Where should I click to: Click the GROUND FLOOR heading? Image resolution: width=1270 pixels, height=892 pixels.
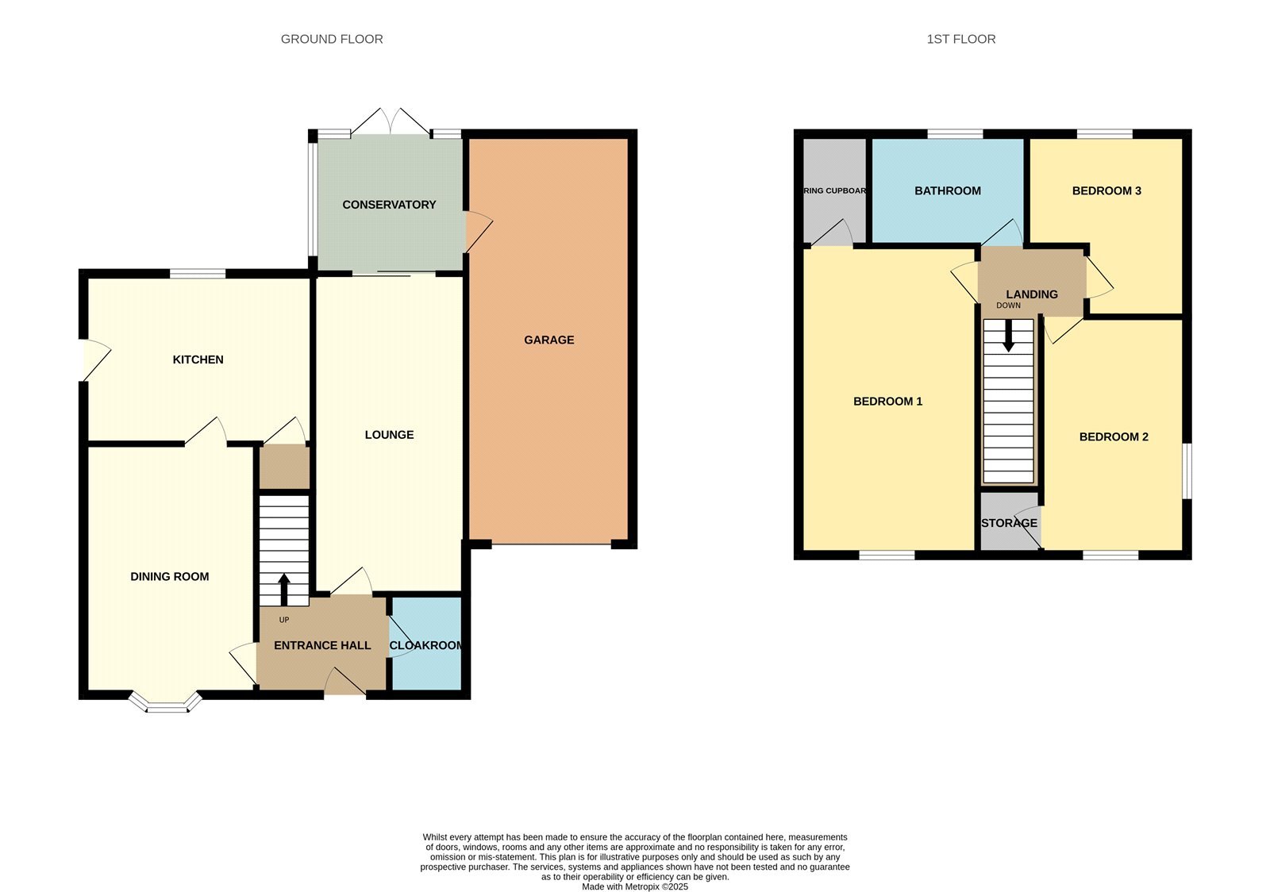pos(332,39)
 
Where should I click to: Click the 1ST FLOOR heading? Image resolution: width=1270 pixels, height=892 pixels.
pos(961,39)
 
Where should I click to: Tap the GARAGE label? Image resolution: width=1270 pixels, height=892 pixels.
pos(548,340)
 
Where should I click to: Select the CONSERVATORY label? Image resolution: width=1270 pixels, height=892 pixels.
pos(389,205)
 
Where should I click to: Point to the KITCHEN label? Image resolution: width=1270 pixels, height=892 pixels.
pos(198,359)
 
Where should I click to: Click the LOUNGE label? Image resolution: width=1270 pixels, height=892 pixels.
pos(389,435)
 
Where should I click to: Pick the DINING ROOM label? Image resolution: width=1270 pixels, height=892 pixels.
pos(170,576)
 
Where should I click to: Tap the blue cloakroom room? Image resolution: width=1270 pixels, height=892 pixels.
pos(427,644)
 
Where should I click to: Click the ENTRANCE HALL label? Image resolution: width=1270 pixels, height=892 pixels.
pos(322,645)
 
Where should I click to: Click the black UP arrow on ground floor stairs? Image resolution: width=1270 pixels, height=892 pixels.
pos(284,590)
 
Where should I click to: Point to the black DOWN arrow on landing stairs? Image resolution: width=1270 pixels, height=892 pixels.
pos(1008,336)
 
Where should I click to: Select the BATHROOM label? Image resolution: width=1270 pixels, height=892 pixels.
pos(948,191)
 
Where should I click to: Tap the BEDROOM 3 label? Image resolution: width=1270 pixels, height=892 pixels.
pos(1106,191)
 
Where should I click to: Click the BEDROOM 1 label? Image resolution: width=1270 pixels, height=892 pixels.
pos(887,402)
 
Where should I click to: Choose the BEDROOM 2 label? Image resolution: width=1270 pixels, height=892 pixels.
pos(1114,437)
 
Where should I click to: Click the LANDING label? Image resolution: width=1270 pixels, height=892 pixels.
pos(1032,294)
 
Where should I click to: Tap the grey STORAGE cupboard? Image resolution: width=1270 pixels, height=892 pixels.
pos(1009,521)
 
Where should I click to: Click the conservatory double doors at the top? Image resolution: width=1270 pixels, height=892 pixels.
pos(390,121)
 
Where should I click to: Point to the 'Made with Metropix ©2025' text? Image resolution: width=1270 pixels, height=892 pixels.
pos(635,886)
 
